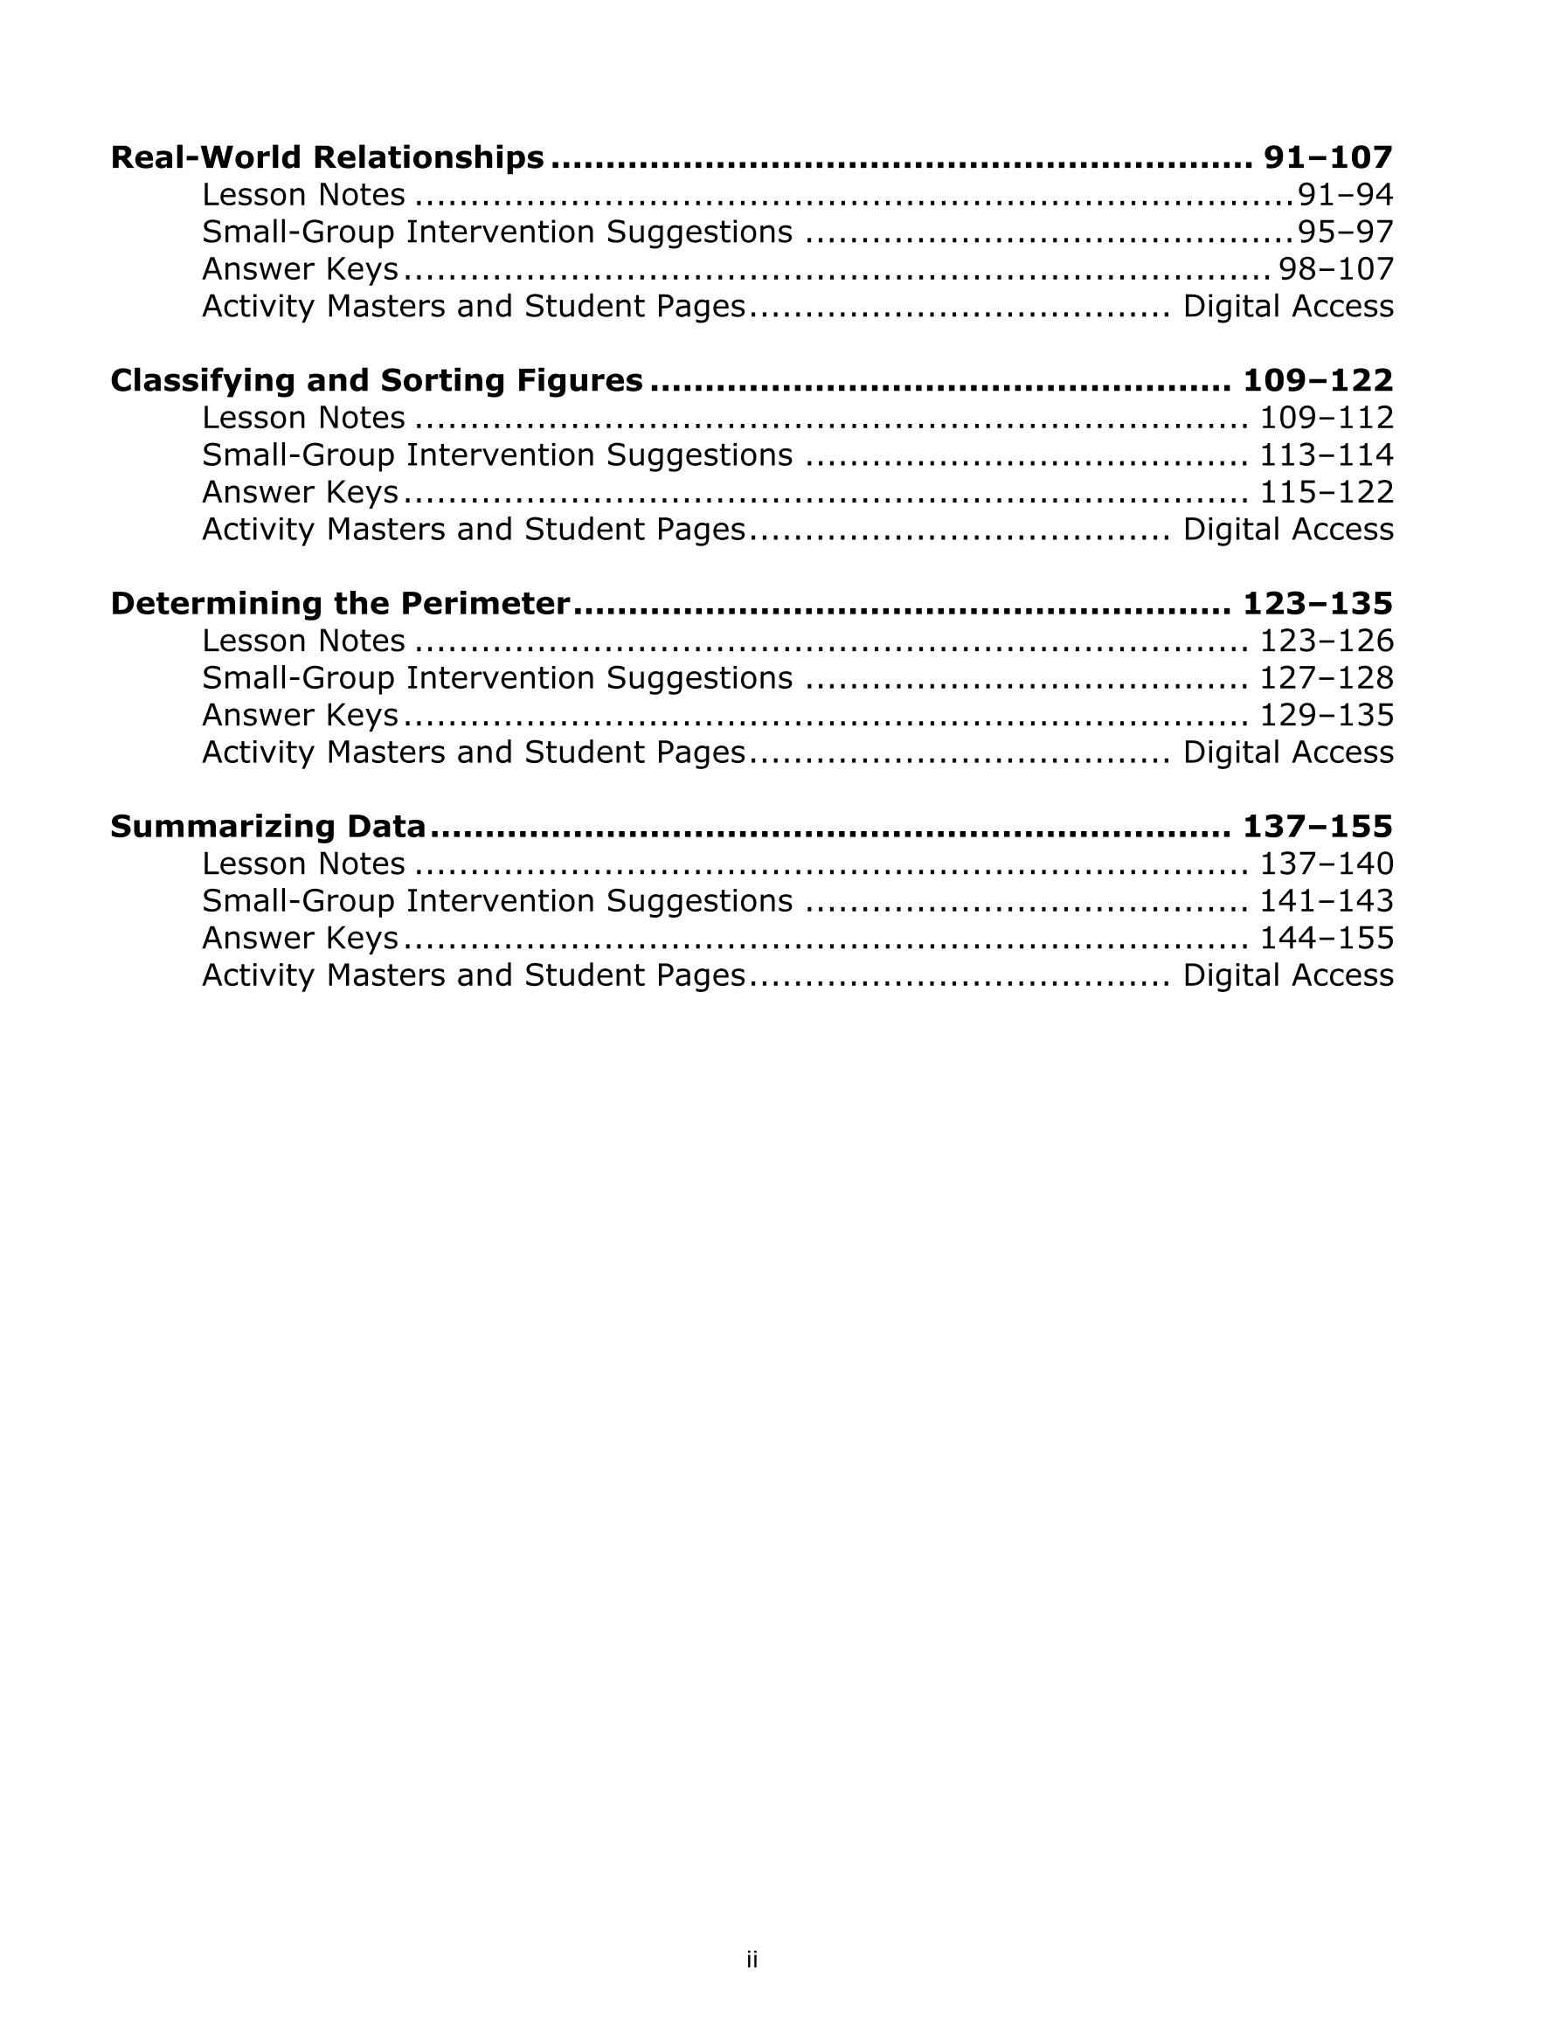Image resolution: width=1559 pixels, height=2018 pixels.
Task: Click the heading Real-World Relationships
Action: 327,157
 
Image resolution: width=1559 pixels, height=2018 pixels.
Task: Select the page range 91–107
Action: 1327,157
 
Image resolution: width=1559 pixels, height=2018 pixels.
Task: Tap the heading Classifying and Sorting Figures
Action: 376,380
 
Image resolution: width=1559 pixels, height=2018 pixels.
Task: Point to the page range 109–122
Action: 1317,380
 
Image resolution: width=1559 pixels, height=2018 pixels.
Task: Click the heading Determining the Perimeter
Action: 339,603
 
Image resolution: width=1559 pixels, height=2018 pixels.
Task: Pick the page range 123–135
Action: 1317,603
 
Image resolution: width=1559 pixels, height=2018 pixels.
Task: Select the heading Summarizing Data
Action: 268,826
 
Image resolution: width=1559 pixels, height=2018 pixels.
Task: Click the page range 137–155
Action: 1317,826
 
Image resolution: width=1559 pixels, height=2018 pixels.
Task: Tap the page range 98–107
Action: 1335,269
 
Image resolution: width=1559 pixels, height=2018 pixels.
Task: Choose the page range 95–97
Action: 1346,232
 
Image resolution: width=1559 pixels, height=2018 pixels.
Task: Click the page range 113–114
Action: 1327,454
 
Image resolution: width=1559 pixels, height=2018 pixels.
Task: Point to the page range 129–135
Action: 1327,715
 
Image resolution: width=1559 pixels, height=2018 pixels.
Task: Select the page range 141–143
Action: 1327,901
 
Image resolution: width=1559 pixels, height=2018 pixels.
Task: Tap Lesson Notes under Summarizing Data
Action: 303,864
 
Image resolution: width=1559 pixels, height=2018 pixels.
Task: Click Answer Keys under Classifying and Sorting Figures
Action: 300,493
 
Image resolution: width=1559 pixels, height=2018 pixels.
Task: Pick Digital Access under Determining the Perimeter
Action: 1287,752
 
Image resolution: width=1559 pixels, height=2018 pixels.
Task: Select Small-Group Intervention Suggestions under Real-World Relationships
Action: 497,232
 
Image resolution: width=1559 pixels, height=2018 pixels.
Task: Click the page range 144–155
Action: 1327,938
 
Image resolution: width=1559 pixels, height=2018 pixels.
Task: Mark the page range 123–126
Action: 1327,641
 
